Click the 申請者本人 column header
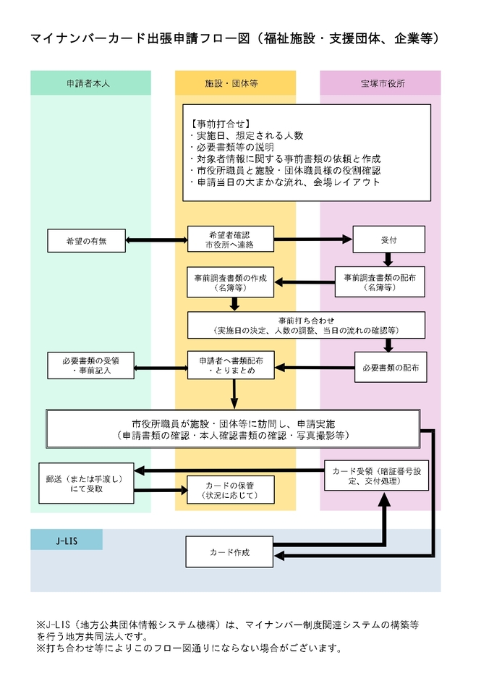pos(90,83)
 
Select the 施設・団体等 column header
pos(235,83)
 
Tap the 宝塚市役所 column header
pos(380,83)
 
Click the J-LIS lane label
pos(66,540)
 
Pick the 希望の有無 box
pos(86,240)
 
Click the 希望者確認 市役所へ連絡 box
pos(231,240)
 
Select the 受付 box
pos(388,240)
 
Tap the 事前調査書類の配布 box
pos(380,282)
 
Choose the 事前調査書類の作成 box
pos(231,282)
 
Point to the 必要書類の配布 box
pos(390,368)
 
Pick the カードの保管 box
pos(231,490)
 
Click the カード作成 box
pos(231,552)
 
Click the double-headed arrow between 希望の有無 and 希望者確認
pos(156,240)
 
